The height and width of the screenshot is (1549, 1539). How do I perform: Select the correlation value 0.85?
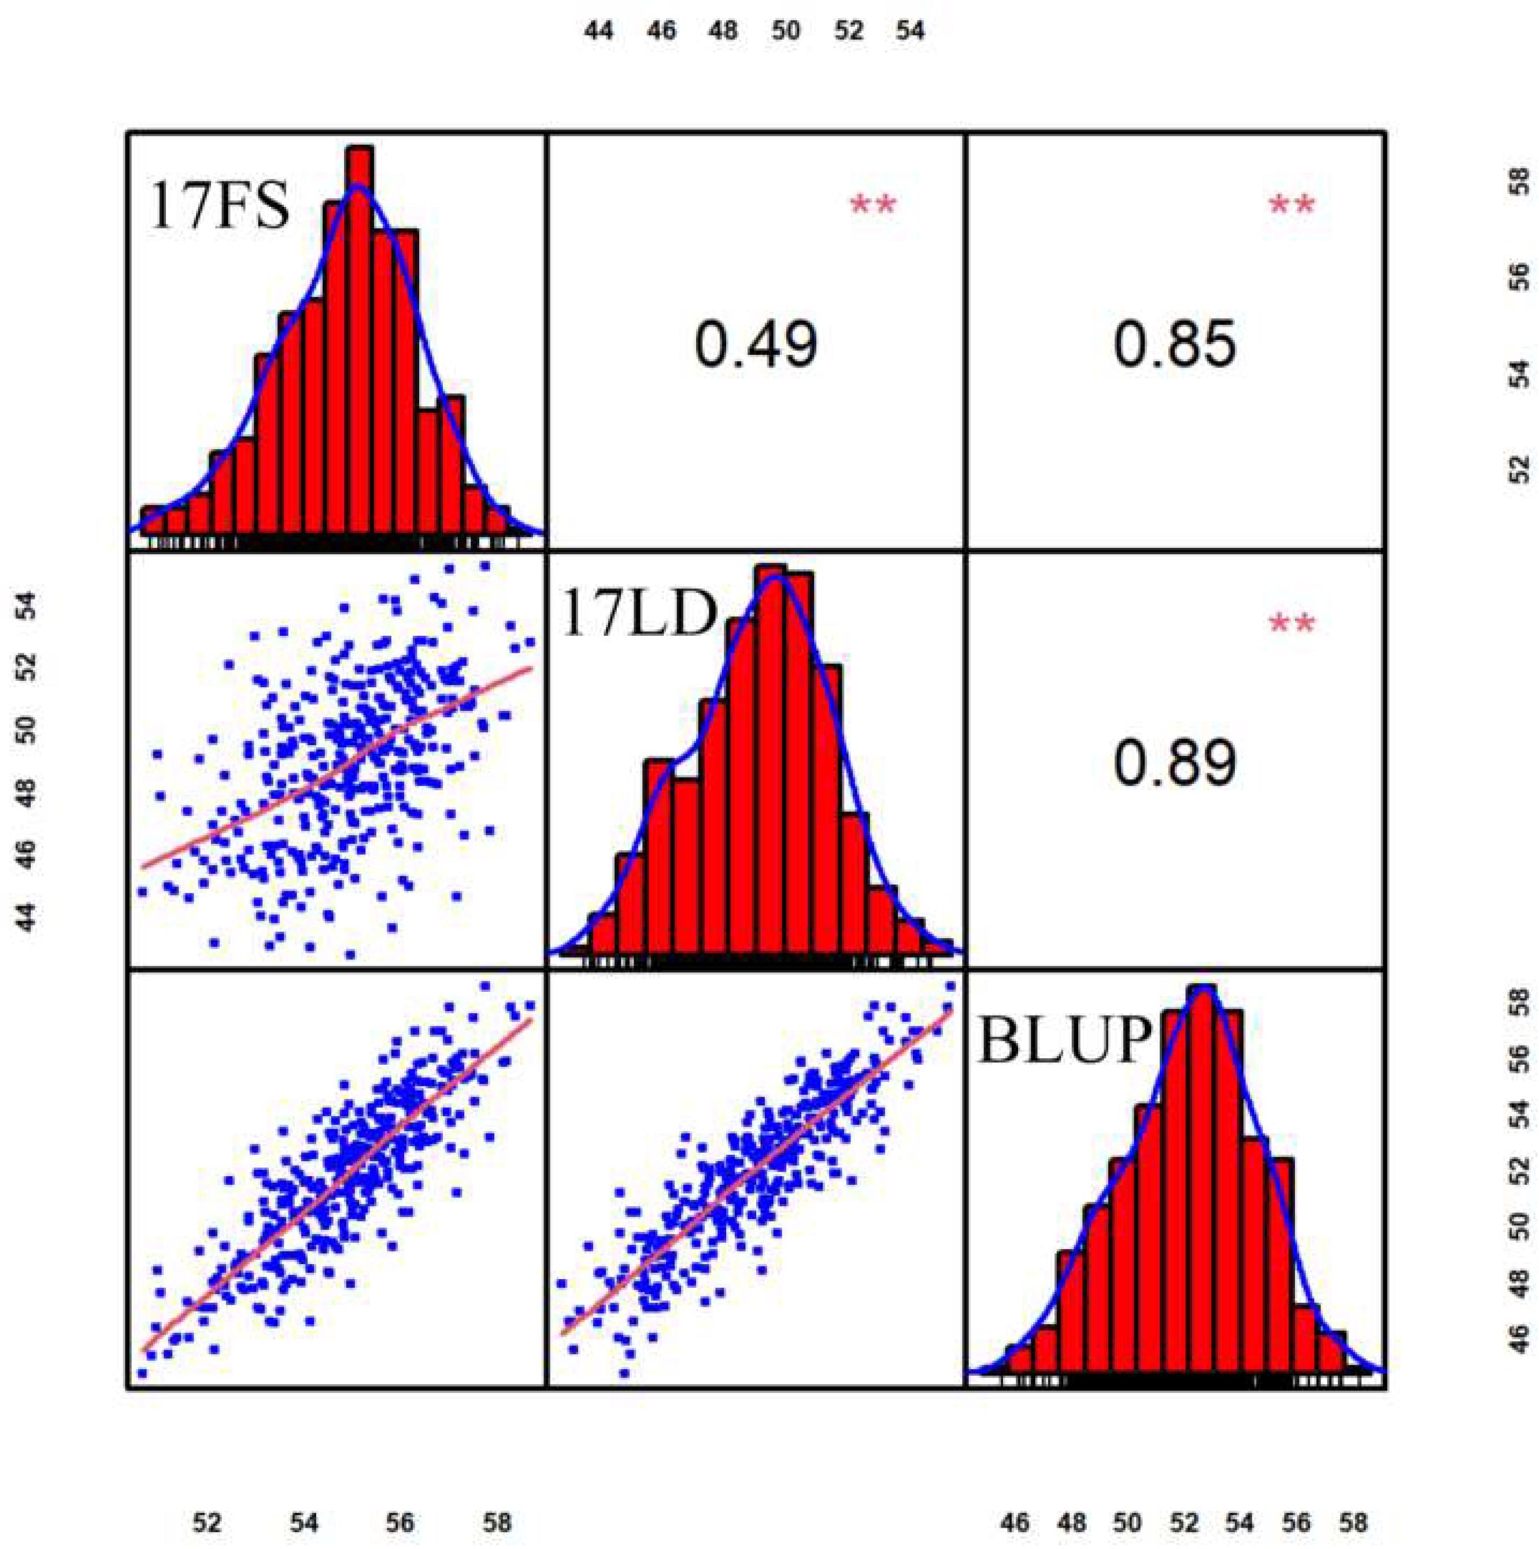point(1174,344)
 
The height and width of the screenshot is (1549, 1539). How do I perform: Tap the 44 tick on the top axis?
point(598,31)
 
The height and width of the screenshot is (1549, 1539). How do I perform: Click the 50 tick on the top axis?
point(786,31)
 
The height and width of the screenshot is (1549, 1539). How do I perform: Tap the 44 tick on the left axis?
point(27,917)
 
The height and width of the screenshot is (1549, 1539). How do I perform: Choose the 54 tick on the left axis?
point(27,607)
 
